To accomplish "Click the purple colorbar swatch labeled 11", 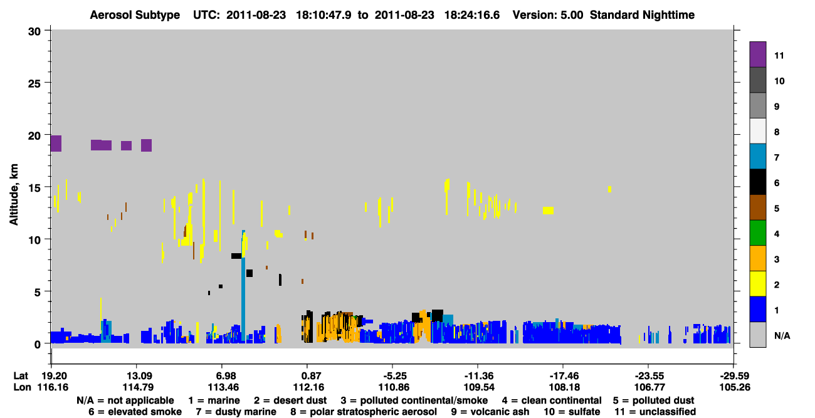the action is [x=757, y=54].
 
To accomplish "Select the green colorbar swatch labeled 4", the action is [x=757, y=233].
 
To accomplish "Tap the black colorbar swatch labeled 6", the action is [x=757, y=182].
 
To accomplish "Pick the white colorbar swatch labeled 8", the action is [x=757, y=131].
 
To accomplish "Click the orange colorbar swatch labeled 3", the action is [x=757, y=258].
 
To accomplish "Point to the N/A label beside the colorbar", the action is [x=782, y=335].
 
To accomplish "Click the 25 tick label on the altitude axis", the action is [x=34, y=84].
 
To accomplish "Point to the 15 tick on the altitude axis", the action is [x=47, y=187].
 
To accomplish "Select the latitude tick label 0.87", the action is [x=308, y=376].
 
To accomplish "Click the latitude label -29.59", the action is [x=735, y=376].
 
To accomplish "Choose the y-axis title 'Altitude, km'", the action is [x=14, y=195].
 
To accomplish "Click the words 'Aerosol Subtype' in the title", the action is [x=135, y=15].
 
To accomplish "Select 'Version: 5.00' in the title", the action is [x=548, y=15].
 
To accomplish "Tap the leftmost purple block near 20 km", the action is [x=56, y=144].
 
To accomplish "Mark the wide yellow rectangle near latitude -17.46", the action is [x=549, y=211].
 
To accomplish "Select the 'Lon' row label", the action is [x=23, y=387].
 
